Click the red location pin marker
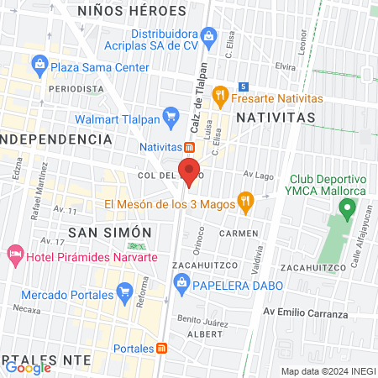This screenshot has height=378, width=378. coord(190,167)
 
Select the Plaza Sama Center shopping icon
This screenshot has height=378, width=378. coord(39,64)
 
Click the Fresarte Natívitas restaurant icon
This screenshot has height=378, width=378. coord(221,95)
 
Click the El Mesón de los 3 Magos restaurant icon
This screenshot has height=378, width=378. coord(245,201)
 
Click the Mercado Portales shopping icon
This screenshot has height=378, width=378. coord(126,295)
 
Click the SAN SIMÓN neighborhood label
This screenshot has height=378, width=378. coord(97,232)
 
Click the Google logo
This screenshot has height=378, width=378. coord(28,367)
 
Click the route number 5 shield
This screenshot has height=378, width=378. coord(244,86)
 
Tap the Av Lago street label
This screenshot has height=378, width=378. coord(260,174)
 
